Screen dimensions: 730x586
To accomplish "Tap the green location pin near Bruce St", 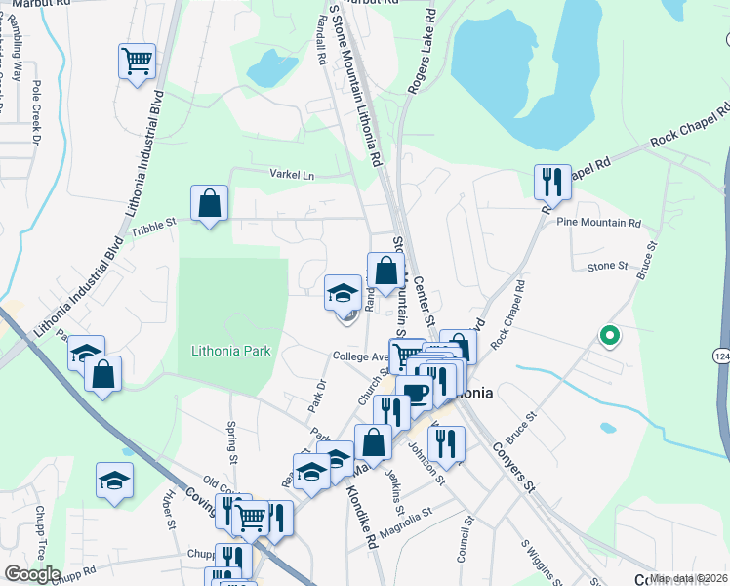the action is tap(610, 337).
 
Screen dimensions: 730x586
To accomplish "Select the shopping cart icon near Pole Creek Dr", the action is tap(137, 62).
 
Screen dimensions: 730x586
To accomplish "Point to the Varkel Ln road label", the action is tap(293, 175).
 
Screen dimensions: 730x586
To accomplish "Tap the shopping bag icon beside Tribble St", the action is tap(210, 204).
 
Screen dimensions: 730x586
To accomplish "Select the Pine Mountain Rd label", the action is tap(598, 223).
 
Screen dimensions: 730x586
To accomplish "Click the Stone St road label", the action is tap(607, 266).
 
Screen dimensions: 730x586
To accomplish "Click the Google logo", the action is tap(32, 573).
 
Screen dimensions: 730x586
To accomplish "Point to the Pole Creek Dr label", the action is tap(36, 112).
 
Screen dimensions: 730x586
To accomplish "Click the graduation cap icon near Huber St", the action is tap(115, 480).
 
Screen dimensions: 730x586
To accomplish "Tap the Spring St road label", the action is tap(232, 442).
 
